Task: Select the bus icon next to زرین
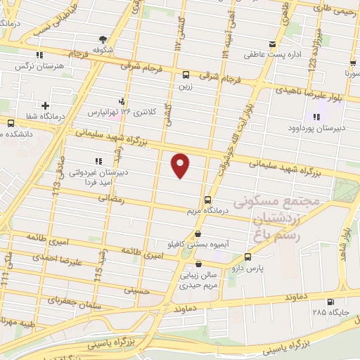tap(186, 75)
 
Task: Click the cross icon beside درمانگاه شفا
tap(45, 105)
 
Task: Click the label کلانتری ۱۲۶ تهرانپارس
tap(112, 111)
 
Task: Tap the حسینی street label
tap(137, 289)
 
